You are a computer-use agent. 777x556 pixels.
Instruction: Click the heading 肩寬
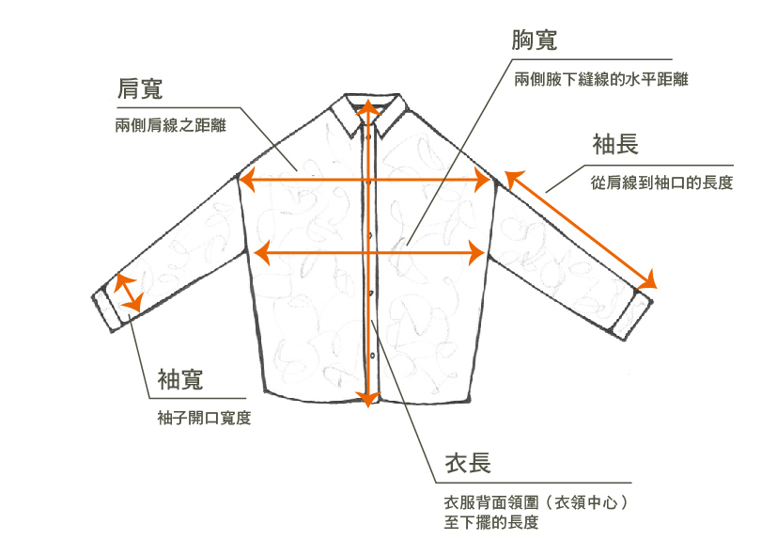139,90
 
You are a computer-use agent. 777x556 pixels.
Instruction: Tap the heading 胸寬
535,40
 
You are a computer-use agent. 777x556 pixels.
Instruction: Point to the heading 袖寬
180,380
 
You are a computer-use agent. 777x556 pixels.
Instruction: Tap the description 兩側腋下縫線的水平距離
601,80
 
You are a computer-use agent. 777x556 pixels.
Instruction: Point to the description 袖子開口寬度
204,418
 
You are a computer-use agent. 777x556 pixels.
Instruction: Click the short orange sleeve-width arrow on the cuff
127,293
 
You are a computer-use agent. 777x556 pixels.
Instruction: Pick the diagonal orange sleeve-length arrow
580,229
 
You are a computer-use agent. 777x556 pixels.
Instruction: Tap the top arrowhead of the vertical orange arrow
370,105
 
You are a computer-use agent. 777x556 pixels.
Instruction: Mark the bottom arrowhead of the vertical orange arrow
370,398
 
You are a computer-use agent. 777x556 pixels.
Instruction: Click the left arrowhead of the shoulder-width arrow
247,179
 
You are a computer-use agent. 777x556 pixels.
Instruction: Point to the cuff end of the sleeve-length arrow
650,280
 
